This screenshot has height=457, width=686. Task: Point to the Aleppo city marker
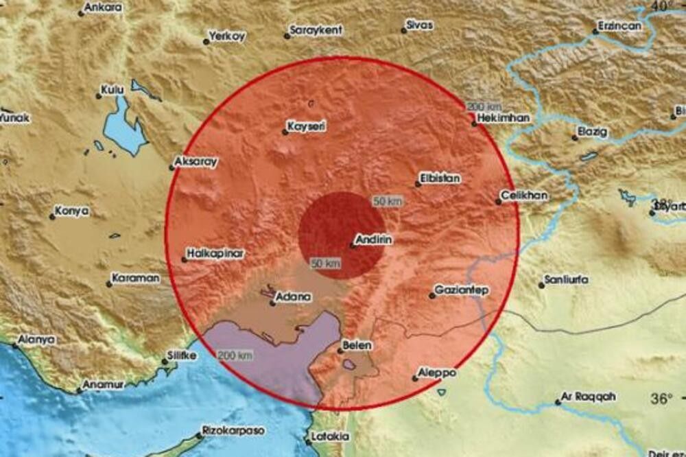point(416,377)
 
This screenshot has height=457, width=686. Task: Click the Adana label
point(294,298)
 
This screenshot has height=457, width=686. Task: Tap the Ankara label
point(105,8)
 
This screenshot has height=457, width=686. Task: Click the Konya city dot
point(52,217)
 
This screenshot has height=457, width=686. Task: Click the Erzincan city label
point(619,25)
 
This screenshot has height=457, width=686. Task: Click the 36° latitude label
point(661,399)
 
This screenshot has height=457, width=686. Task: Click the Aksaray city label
point(197,161)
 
